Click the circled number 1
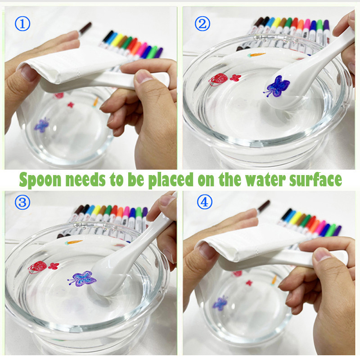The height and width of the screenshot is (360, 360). tap(22, 24)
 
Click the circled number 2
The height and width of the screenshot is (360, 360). tap(202, 24)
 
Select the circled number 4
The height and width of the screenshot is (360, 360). tap(205, 202)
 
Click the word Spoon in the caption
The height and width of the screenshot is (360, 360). tap(40, 180)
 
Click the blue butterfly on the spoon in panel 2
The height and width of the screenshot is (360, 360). tap(276, 86)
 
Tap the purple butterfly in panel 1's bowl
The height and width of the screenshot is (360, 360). tap(42, 125)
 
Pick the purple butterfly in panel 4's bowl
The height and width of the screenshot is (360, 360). tap(220, 303)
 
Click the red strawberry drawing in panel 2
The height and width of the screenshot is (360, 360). tap(218, 80)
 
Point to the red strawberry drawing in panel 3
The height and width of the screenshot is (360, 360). tap(38, 267)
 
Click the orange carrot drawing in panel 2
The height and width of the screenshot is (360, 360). tap(256, 55)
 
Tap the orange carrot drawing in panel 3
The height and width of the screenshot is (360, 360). tap(73, 242)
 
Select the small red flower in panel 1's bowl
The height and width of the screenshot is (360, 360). tap(71, 105)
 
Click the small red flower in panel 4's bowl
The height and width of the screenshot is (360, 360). tap(249, 283)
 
